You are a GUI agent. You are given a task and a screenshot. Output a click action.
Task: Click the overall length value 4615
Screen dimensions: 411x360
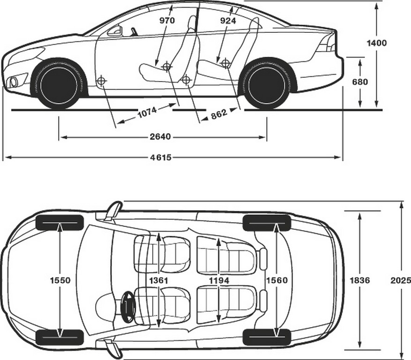(161, 157)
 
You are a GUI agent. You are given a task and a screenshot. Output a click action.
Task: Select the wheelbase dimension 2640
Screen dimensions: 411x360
(160, 136)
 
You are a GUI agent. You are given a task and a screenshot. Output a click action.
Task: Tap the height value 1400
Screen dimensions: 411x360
(376, 43)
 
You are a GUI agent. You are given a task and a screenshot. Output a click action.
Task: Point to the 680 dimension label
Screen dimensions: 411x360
(360, 82)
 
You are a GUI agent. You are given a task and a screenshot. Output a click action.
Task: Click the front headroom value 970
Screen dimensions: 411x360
(167, 21)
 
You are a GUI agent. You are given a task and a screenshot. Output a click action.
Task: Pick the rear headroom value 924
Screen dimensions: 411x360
(228, 21)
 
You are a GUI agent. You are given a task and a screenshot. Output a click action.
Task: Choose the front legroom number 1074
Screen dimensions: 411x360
(147, 112)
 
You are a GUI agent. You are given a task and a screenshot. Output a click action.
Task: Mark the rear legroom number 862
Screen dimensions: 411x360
(218, 114)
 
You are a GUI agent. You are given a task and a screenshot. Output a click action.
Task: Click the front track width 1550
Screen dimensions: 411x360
(60, 280)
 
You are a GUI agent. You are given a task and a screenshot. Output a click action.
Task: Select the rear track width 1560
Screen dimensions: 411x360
(277, 280)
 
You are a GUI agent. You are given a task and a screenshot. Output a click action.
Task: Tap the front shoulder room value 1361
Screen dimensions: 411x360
(158, 280)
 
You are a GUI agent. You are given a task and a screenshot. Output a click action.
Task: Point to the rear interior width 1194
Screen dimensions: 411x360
(219, 281)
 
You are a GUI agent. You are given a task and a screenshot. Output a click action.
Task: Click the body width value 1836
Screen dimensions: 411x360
(360, 280)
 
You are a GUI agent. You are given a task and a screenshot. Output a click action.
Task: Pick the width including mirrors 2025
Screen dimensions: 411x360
(401, 280)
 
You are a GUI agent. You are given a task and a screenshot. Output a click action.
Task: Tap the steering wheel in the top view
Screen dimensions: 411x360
(128, 306)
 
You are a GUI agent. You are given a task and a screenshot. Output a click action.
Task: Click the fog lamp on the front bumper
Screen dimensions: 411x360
(14, 82)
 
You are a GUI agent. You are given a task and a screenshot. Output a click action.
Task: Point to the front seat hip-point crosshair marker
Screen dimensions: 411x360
(166, 67)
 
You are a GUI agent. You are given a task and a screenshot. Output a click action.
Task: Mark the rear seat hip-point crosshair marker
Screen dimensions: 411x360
(225, 63)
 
